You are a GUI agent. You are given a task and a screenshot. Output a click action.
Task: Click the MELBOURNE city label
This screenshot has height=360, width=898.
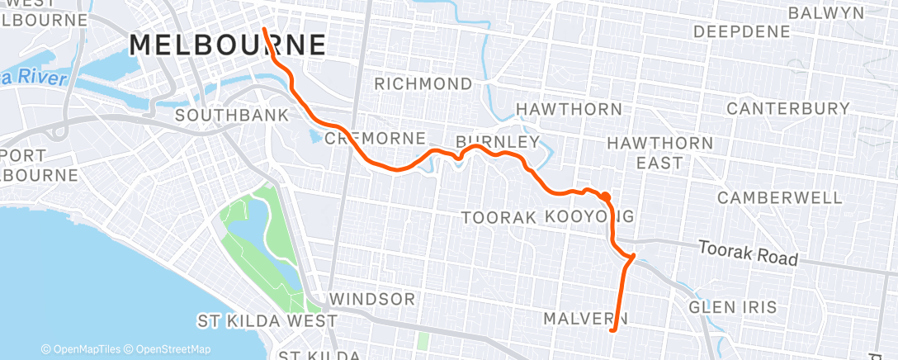point(228,45)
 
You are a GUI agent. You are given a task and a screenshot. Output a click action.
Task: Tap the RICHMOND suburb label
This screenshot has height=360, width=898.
point(423,83)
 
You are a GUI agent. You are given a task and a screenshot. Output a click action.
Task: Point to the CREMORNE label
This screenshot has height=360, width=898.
point(376,138)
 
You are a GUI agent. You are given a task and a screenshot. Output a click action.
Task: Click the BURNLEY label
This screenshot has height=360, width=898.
point(498,140)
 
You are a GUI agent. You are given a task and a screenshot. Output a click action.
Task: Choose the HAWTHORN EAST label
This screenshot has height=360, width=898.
point(659,153)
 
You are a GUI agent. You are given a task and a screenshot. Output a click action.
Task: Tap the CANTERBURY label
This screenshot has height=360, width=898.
point(787,109)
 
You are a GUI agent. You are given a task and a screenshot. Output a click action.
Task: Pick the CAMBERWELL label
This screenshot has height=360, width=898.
point(780,197)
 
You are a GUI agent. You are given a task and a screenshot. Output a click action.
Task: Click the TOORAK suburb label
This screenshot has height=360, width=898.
point(499,217)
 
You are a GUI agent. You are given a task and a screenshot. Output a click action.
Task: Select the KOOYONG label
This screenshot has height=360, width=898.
point(589,216)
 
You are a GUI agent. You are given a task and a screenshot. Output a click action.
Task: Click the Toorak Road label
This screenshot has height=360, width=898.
point(748,253)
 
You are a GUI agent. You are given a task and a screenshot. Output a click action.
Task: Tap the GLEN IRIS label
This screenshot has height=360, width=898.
point(732,306)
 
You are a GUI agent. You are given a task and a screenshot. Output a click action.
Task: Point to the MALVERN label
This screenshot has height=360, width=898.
point(585,318)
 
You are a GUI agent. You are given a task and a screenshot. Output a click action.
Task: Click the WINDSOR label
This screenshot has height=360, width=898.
point(371,297)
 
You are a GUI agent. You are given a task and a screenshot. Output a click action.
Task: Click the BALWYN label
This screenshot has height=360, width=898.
point(825,13)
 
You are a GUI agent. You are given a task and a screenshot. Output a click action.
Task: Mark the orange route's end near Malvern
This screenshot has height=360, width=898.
point(611,330)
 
